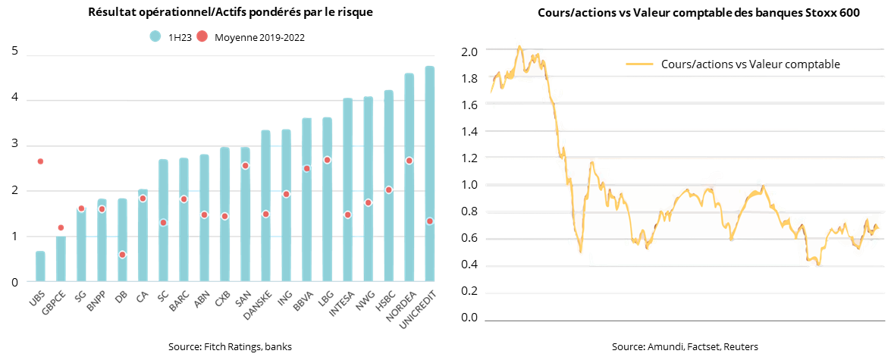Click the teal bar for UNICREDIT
pyautogui.click(x=430, y=174)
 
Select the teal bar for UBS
pyautogui.click(x=40, y=267)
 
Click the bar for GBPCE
pyautogui.click(x=61, y=259)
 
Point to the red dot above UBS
pyautogui.click(x=40, y=161)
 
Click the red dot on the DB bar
pyautogui.click(x=122, y=255)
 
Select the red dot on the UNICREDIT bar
pyautogui.click(x=430, y=221)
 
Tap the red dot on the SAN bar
pyautogui.click(x=246, y=165)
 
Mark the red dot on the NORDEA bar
pyautogui.click(x=409, y=161)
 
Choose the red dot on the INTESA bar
pyautogui.click(x=348, y=214)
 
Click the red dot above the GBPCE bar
pyautogui.click(x=61, y=227)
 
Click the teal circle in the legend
pyautogui.click(x=155, y=36)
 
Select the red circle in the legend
pyautogui.click(x=202, y=36)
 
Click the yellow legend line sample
pyautogui.click(x=640, y=64)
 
